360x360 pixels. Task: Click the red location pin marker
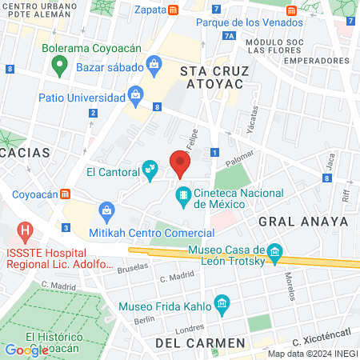180,165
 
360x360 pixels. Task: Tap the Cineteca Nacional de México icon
184,194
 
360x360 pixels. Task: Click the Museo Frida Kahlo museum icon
222,304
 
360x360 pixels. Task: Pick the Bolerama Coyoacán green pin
58,66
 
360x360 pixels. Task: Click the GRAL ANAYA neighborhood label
303,220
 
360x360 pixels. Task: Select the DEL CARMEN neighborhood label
200,342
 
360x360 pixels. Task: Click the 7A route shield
230,36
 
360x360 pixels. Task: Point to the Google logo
26,350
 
